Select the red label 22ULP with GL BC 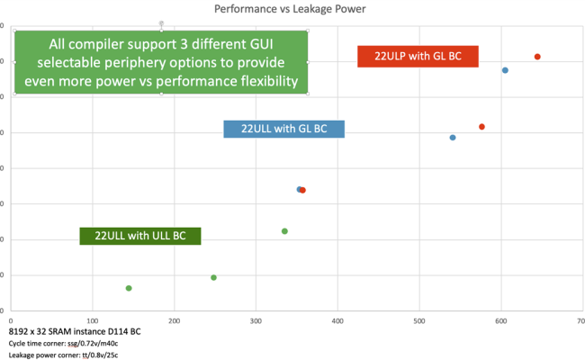pyautogui.click(x=417, y=56)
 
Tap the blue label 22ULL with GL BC pyautogui.click(x=284, y=129)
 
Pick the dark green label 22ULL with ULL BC pyautogui.click(x=140, y=236)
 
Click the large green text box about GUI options pyautogui.click(x=161, y=62)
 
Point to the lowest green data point pyautogui.click(x=129, y=288)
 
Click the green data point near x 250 pyautogui.click(x=213, y=277)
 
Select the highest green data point pyautogui.click(x=284, y=231)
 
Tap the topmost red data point pyautogui.click(x=537, y=57)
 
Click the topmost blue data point pyautogui.click(x=505, y=70)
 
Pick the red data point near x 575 pyautogui.click(x=481, y=127)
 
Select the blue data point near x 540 pyautogui.click(x=453, y=138)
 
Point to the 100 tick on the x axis pyautogui.click(x=92, y=319)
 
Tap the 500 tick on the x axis pyautogui.click(x=418, y=319)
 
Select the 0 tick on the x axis pyautogui.click(x=11, y=319)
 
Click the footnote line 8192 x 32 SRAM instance pyautogui.click(x=75, y=331)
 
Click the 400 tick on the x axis pyautogui.click(x=337, y=319)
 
